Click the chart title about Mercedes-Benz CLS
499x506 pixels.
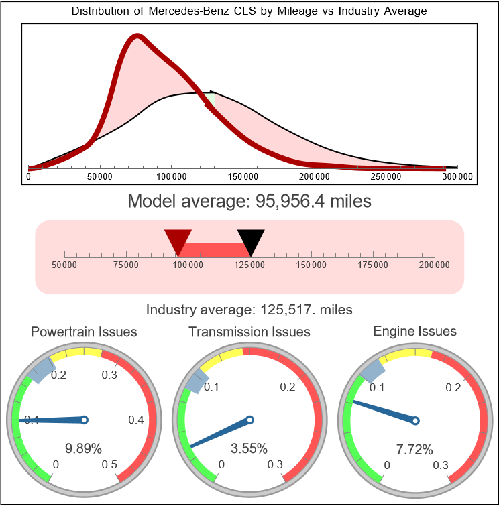(249, 11)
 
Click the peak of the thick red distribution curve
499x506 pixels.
(137, 37)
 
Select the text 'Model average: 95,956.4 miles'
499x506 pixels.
(249, 201)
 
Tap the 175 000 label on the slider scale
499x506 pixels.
(373, 265)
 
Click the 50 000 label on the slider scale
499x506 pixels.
(64, 265)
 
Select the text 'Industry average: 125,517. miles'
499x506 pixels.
(249, 310)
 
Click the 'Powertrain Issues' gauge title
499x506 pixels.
(85, 332)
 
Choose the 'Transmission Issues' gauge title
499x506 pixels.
(249, 332)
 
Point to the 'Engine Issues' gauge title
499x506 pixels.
(414, 331)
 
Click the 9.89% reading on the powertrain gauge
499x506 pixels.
(84, 448)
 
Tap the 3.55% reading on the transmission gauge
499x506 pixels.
(249, 448)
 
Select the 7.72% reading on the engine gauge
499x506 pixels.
(414, 448)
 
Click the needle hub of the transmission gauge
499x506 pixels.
(249, 420)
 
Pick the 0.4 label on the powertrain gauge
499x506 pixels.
(136, 420)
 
